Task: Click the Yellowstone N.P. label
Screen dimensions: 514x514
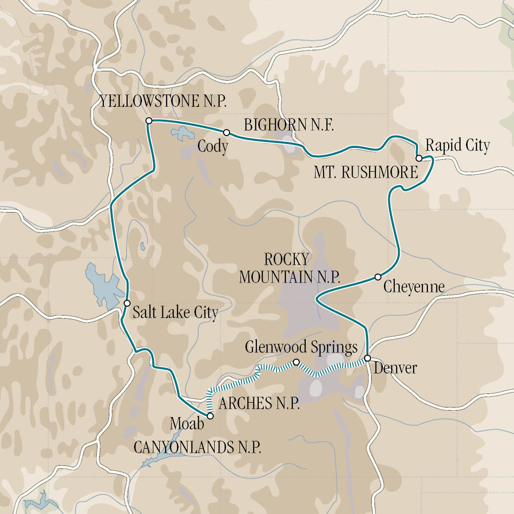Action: (x=163, y=102)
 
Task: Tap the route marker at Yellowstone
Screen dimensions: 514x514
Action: (x=148, y=121)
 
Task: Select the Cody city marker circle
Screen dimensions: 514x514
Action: (x=227, y=132)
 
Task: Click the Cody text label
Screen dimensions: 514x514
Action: (x=212, y=146)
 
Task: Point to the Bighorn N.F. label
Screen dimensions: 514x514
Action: (x=289, y=126)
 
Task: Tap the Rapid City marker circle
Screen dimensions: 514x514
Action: (x=419, y=158)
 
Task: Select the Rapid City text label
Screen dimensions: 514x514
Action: (x=458, y=145)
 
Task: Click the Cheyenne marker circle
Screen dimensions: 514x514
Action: (x=377, y=277)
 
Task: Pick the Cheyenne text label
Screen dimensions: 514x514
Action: (x=414, y=287)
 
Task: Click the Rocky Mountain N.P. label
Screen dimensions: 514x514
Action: (x=289, y=268)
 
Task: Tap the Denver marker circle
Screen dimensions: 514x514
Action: (x=368, y=358)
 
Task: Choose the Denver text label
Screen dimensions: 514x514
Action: (x=395, y=368)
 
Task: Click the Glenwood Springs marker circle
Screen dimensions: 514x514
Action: (x=296, y=362)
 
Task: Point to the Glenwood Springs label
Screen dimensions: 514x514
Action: (x=301, y=347)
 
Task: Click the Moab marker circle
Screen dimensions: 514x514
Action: (x=210, y=416)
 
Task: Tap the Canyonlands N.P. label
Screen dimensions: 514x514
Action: (x=197, y=447)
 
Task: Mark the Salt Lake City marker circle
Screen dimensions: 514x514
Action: (x=127, y=303)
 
